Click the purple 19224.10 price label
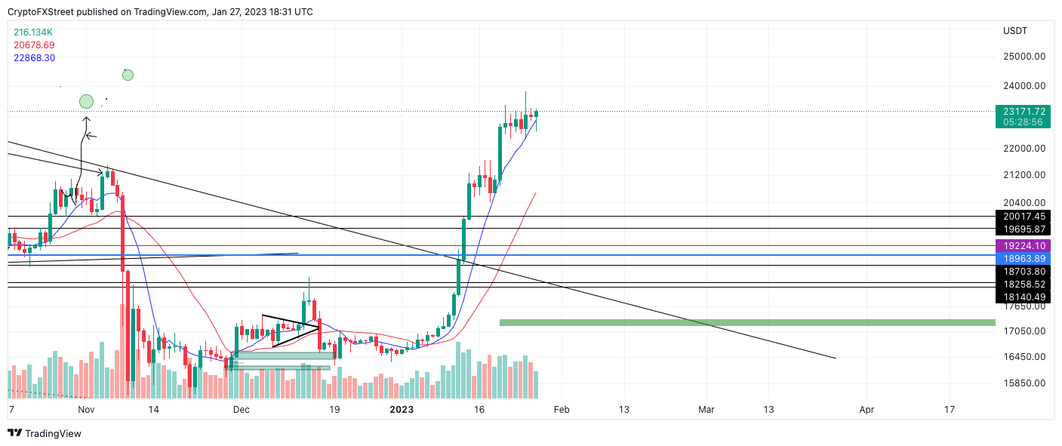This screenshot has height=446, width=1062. point(1024,246)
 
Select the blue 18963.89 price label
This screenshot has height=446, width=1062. point(1024,258)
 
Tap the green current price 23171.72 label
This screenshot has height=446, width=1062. point(1024,112)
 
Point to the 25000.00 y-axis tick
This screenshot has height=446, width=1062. point(1024,57)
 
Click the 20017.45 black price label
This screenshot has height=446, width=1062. point(1024,217)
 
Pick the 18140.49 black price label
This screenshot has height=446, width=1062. point(1024,297)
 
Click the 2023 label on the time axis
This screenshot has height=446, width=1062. point(401,410)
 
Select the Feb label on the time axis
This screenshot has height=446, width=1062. point(561,410)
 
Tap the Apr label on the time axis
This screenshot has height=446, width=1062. point(867,410)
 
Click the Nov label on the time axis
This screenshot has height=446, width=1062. point(86,410)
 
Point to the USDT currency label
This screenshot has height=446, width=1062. point(1015,31)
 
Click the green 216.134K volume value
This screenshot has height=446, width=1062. point(33,32)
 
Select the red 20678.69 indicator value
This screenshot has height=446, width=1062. point(34,45)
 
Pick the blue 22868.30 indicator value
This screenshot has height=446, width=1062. point(34,58)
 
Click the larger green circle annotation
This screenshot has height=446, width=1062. point(86,101)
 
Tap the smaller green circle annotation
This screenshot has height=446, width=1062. point(128,75)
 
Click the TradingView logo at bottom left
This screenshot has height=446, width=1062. point(45,433)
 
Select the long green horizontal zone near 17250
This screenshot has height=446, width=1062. point(747,323)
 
